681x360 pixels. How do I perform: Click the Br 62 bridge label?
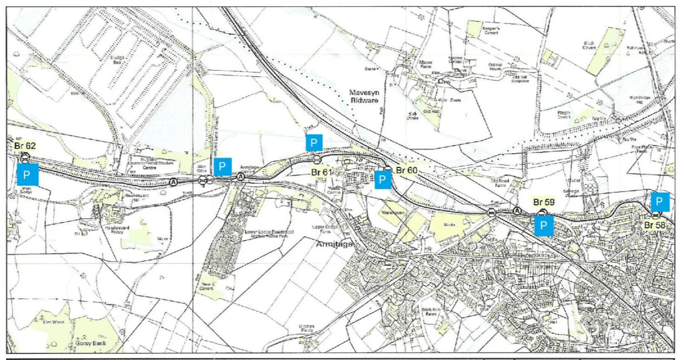25,145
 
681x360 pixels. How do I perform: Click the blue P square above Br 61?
314,142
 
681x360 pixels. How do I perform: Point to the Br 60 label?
406,170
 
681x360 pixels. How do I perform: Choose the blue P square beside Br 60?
383,180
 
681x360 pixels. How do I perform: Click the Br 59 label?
543,202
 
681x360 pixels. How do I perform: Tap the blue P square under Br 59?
543,226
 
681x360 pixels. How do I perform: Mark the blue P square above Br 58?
660,202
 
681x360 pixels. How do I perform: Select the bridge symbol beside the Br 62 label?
25,156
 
